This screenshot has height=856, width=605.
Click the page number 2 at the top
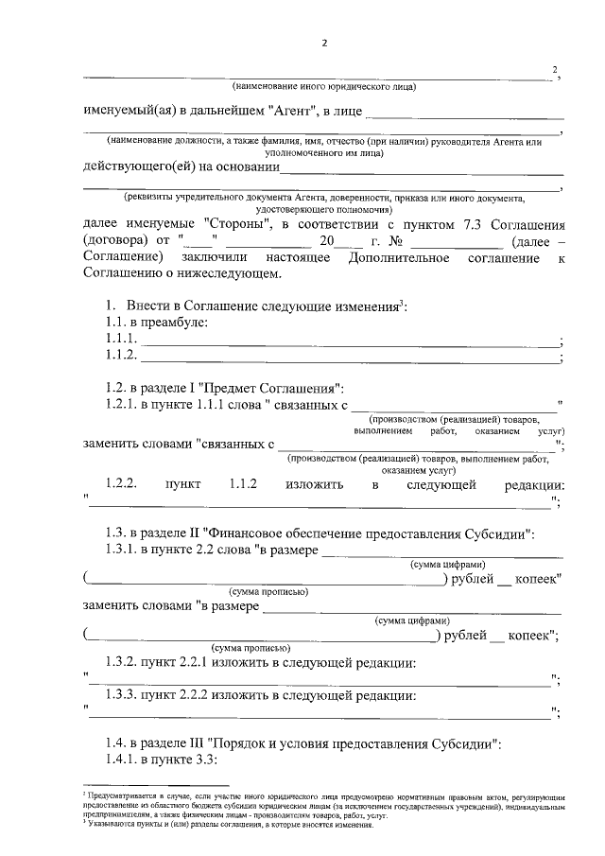(x=323, y=43)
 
